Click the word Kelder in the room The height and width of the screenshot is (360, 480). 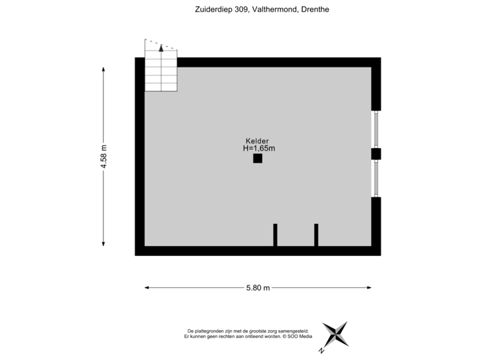click(x=257, y=141)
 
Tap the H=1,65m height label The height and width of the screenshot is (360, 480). click(x=259, y=149)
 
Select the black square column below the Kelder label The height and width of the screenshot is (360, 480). click(x=258, y=159)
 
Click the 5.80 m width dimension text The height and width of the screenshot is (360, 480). click(x=258, y=288)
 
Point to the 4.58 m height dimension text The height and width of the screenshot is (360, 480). click(x=104, y=157)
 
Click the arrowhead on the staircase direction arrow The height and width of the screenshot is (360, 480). click(x=161, y=48)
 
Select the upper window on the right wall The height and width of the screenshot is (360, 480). click(x=375, y=129)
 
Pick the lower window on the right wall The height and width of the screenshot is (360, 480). click(x=375, y=179)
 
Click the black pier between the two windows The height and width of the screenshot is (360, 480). click(x=376, y=154)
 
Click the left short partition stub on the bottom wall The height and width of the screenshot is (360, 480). click(x=275, y=235)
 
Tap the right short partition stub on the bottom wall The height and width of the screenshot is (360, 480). click(x=316, y=235)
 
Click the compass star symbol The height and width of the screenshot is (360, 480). click(x=336, y=334)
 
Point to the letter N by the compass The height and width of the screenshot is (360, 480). click(x=321, y=351)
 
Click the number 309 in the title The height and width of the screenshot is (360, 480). click(x=242, y=9)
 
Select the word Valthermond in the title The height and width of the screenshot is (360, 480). click(x=275, y=9)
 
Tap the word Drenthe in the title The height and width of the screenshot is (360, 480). click(x=315, y=9)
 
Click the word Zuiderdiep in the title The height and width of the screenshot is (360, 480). click(x=214, y=10)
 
